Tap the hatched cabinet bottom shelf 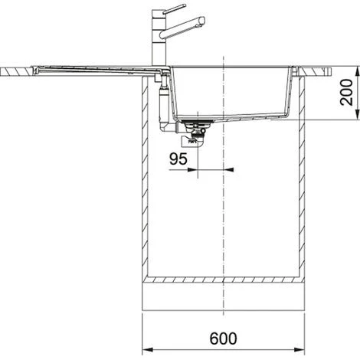tap(223, 280)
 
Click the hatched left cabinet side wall tap(145, 176)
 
